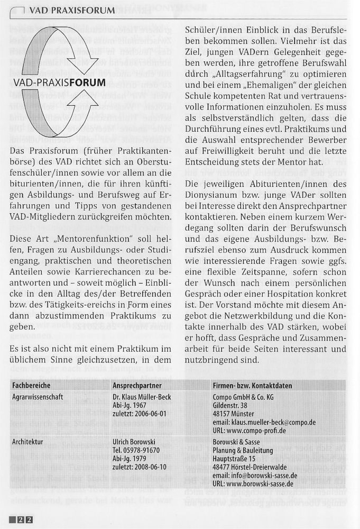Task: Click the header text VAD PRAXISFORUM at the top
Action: (x=72, y=10)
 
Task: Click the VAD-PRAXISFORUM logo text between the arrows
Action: (x=60, y=83)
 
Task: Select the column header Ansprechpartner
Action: (x=137, y=386)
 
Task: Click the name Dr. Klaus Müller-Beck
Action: (x=142, y=397)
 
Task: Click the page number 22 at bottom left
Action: (x=25, y=519)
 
